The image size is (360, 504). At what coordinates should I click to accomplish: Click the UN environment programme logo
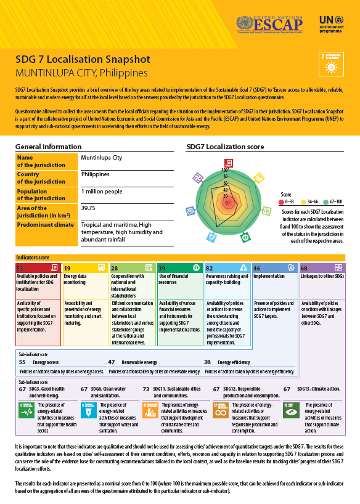(333, 24)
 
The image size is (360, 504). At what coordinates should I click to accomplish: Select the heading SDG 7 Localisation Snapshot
(83, 60)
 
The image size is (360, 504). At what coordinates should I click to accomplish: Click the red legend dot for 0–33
(281, 201)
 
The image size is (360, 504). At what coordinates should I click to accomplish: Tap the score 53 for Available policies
(20, 269)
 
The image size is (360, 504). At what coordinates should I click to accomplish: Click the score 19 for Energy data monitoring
(67, 269)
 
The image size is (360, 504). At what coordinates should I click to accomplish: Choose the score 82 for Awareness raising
(210, 269)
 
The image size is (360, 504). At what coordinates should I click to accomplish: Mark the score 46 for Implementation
(256, 269)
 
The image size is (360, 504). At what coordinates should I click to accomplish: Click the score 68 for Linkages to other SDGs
(305, 269)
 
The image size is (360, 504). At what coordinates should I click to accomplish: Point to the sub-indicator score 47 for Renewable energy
(112, 363)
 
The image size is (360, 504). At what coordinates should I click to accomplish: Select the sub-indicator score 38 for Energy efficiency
(207, 363)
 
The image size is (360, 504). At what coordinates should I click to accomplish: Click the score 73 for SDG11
(146, 389)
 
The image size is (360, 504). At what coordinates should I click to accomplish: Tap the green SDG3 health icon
(27, 411)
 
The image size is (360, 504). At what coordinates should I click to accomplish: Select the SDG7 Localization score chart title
(225, 147)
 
